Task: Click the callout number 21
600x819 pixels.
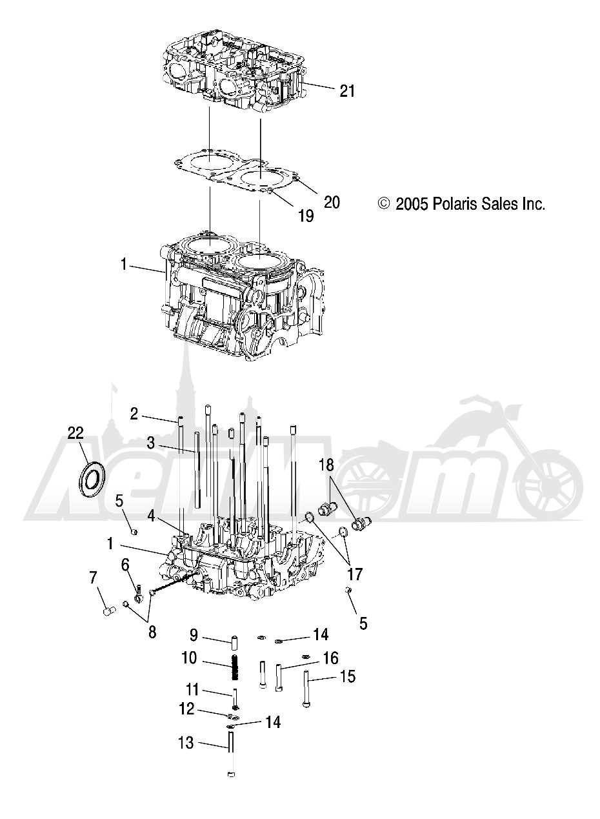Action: click(347, 92)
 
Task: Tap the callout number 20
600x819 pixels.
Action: click(332, 202)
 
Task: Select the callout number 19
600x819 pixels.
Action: click(305, 216)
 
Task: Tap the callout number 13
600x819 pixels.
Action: click(186, 743)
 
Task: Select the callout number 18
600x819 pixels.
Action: click(326, 465)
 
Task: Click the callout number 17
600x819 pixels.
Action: click(354, 574)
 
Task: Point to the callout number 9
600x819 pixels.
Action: click(194, 636)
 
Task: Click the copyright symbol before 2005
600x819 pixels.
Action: click(384, 204)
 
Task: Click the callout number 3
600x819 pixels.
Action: click(150, 443)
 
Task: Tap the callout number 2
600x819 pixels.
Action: click(134, 414)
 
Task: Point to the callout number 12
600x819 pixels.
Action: click(186, 709)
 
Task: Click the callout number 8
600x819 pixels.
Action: click(152, 632)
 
